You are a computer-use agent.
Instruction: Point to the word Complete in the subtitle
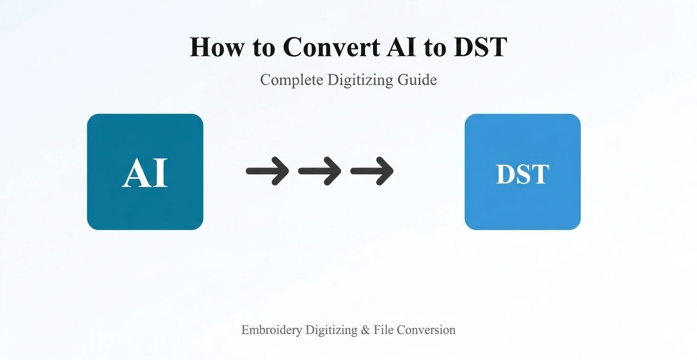coord(292,80)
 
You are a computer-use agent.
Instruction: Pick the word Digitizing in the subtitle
coord(360,80)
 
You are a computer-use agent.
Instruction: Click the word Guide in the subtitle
coord(417,80)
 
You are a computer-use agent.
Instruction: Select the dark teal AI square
coord(145,172)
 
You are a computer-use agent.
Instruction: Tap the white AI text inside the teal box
coord(145,173)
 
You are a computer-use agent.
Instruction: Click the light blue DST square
coord(523,172)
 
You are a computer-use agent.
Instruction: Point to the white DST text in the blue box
coord(523,174)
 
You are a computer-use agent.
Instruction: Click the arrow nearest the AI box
coord(267,171)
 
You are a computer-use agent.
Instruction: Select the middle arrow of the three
coord(320,171)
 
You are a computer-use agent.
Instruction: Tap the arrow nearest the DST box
coord(372,171)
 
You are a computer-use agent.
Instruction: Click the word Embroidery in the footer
coord(272,330)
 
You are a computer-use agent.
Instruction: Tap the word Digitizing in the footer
coord(331,330)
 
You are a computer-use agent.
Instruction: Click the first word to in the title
coord(264,48)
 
